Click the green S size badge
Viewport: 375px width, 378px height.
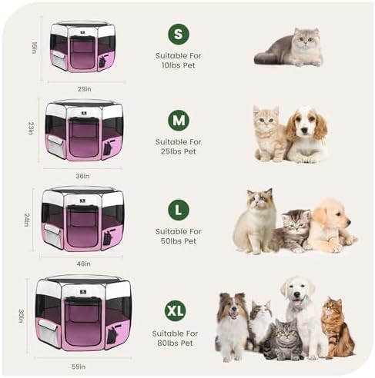pos(179,34)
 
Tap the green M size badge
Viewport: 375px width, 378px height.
pos(179,121)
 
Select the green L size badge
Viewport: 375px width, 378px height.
pos(179,210)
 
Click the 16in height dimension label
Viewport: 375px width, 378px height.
pos(34,48)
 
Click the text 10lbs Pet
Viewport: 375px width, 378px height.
pos(179,65)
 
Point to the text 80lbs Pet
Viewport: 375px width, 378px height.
pos(179,343)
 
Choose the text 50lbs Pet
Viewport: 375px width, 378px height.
pos(179,241)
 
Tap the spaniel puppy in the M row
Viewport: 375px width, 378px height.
pos(307,135)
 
